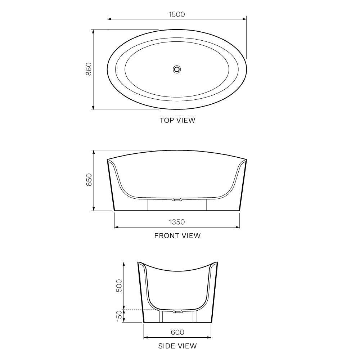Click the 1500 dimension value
(176, 14)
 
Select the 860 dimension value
(89, 69)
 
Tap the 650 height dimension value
(89, 180)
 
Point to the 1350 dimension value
(176, 222)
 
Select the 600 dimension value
(177, 332)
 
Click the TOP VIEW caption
(177, 120)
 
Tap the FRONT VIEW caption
(177, 236)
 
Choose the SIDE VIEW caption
(177, 346)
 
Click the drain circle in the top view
(177, 69)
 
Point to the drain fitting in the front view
(177, 199)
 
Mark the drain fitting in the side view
(177, 310)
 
